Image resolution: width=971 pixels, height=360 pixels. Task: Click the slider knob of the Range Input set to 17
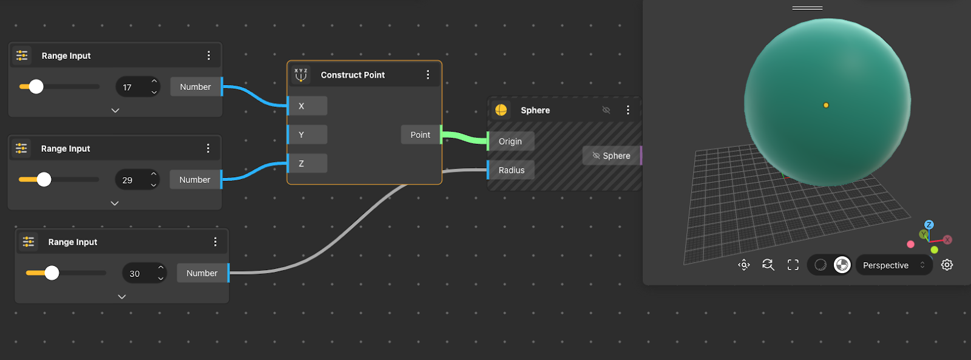pos(36,87)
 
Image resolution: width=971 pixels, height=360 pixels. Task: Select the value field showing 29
pos(137,180)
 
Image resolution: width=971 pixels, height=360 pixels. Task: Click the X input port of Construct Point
pos(307,106)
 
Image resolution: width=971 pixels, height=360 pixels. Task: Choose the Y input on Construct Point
pos(307,135)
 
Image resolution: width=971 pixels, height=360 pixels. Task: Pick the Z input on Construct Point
pos(307,163)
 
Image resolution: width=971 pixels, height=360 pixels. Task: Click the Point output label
pos(421,135)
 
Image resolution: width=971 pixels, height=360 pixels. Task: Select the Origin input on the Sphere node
pos(510,141)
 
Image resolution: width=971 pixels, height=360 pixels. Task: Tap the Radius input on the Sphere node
pos(511,170)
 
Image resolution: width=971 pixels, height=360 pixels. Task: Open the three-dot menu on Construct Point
pos(428,75)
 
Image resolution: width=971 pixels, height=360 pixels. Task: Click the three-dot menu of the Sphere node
pos(628,110)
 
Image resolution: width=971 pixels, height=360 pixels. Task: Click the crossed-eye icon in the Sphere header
pos(606,110)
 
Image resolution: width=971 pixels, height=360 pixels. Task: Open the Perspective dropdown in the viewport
pos(893,265)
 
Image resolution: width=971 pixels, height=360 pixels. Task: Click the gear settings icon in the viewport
pos(947,265)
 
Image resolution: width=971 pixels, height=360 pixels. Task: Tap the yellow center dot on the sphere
pos(826,105)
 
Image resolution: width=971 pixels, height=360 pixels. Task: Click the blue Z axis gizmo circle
pos(929,225)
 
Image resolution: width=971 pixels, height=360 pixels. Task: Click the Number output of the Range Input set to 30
pos(202,273)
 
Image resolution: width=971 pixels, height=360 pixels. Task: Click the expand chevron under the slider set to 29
pos(115,203)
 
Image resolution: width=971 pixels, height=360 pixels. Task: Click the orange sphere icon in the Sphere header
pos(501,110)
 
